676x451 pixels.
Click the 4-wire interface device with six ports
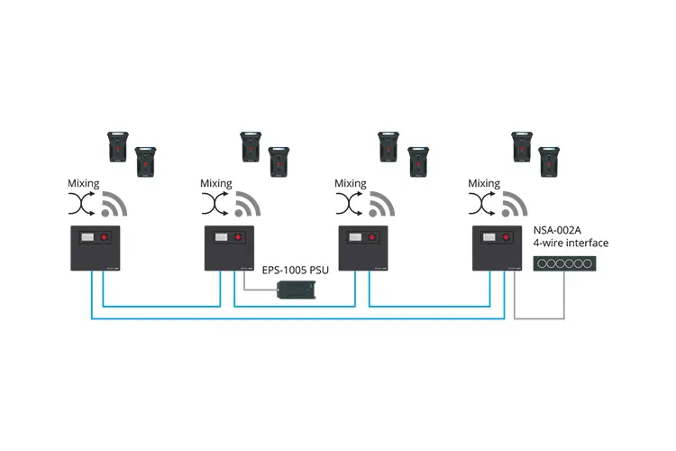(x=563, y=264)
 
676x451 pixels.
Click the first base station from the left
(x=96, y=248)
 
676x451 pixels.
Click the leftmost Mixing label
(x=84, y=183)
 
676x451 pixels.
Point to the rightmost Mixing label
(x=484, y=183)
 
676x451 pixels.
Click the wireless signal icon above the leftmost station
(x=114, y=207)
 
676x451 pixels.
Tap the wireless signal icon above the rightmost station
(x=515, y=207)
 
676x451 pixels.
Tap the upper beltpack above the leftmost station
(x=118, y=144)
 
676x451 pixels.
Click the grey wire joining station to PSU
(x=257, y=290)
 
